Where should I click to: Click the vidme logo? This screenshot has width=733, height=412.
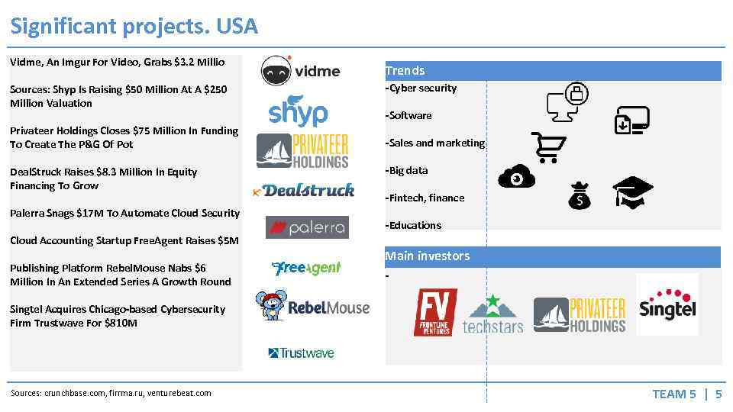click(300, 70)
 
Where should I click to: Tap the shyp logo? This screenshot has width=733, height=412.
click(298, 111)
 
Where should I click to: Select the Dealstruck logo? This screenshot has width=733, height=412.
click(304, 190)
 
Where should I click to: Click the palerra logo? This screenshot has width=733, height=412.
click(307, 227)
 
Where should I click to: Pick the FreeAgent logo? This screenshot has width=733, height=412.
click(306, 268)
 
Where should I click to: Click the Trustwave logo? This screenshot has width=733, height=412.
click(301, 352)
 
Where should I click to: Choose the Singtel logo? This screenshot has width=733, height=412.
click(667, 304)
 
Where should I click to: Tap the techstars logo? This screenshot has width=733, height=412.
click(492, 314)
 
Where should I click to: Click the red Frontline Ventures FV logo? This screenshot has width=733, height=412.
click(435, 312)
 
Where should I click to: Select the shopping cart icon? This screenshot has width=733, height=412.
click(548, 147)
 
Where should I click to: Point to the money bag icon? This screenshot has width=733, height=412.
click(580, 196)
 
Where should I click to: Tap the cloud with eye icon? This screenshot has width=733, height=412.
click(516, 177)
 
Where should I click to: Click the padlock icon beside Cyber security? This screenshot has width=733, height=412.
click(576, 95)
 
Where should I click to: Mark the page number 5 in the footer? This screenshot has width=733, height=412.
click(718, 394)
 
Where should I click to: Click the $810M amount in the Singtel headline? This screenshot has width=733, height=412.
click(123, 323)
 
